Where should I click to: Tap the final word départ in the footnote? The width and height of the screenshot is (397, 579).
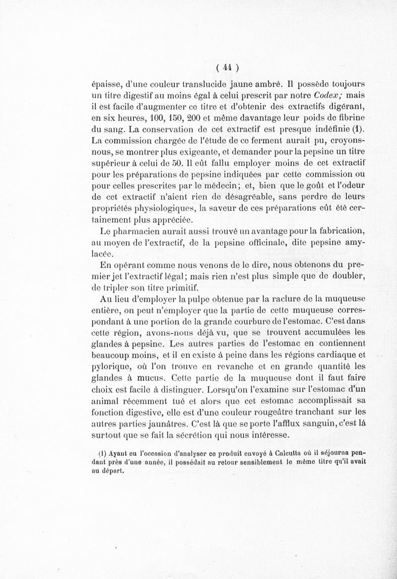coord(113,472)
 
